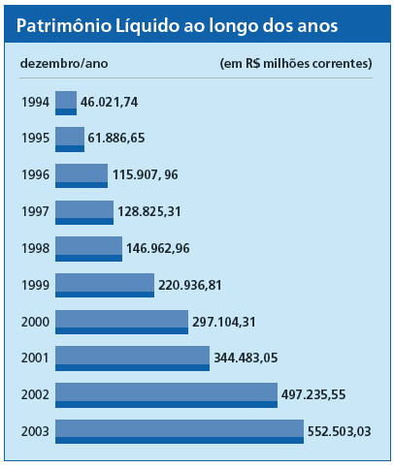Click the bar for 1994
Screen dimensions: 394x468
66,103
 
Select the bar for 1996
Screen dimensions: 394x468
82,175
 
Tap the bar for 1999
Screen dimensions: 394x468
105,285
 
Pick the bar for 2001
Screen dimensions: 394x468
132,359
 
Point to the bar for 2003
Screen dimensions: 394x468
180,431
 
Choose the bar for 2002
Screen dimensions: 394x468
166,395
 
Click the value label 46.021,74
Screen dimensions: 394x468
110,103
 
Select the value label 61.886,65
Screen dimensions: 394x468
116,138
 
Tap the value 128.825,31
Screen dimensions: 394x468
149,212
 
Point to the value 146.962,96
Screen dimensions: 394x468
158,248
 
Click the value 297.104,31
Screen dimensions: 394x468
224,322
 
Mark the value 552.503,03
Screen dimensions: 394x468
339,431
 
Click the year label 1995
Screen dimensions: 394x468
35,139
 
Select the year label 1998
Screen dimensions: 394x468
35,248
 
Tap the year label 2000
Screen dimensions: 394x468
35,322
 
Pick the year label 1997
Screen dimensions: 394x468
35,212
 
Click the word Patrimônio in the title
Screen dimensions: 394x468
64,25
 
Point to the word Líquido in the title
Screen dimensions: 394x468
148,26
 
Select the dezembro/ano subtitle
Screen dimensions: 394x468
64,63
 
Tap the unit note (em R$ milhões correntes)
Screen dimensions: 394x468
296,64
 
